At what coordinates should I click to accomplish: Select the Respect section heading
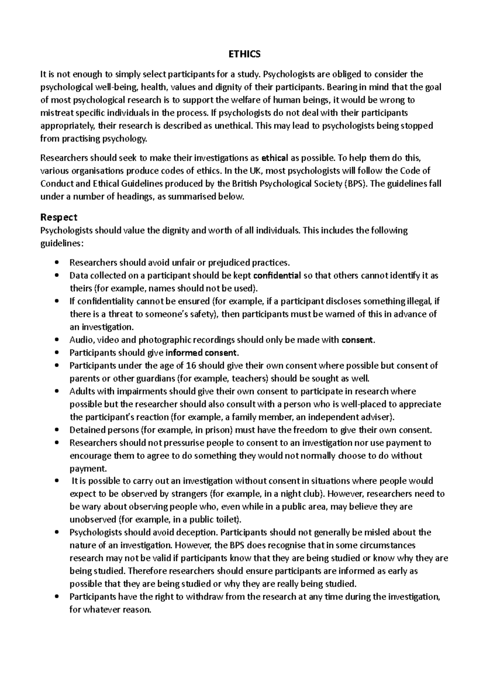click(59, 218)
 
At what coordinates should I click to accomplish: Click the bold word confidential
click(277, 276)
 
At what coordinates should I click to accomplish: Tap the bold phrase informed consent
click(202, 353)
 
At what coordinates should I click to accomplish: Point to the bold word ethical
click(275, 158)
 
